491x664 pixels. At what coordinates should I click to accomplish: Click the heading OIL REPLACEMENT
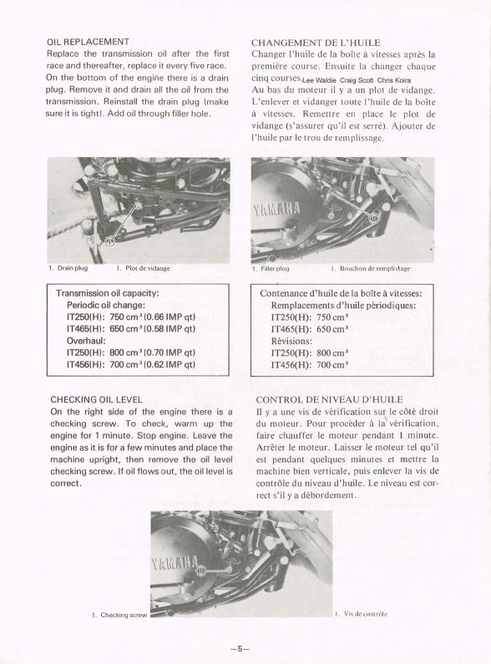(88, 42)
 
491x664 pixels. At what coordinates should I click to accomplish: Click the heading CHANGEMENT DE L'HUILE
(316, 43)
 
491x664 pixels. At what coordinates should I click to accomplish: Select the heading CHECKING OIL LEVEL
(97, 400)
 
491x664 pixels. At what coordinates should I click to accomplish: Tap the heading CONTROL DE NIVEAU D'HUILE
(329, 400)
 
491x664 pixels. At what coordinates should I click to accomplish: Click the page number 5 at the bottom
(240, 649)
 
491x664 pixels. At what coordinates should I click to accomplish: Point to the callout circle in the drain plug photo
(109, 242)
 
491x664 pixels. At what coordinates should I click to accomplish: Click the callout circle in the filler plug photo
(374, 219)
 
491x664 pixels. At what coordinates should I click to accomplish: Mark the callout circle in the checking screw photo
(200, 571)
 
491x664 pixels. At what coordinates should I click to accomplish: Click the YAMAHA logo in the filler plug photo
(277, 208)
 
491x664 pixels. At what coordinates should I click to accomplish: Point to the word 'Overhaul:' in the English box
(86, 341)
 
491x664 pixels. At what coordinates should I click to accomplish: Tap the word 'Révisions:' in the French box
(291, 341)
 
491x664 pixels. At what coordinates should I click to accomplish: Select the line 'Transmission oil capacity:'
(108, 293)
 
